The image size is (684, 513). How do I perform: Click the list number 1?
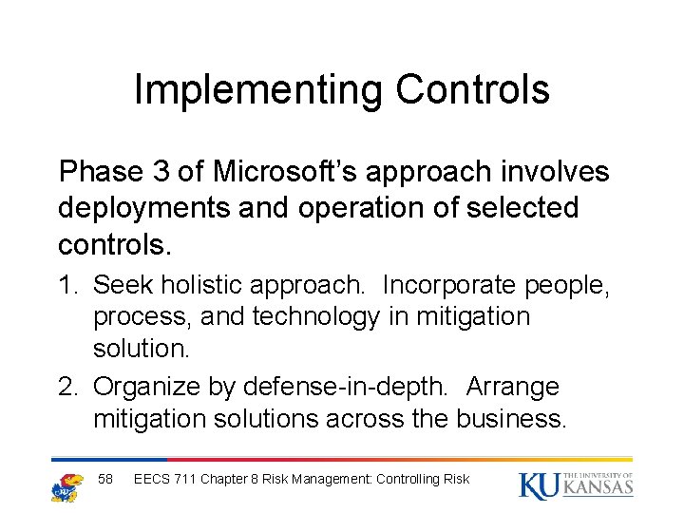coord(68,285)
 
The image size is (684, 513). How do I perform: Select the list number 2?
coord(68,388)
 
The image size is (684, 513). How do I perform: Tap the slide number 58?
coord(105,480)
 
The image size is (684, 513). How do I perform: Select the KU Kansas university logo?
coord(576,484)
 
